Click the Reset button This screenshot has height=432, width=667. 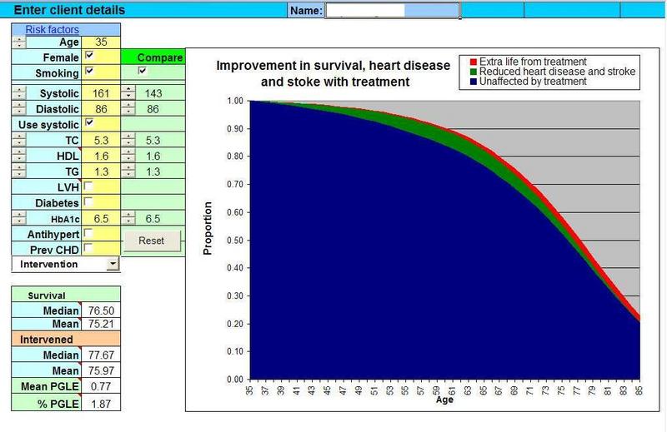tap(152, 241)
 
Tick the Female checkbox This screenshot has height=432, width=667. tap(89, 57)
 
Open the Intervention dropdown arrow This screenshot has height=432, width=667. tap(113, 264)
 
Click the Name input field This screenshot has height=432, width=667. tap(391, 11)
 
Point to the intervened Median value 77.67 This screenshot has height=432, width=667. tap(100, 354)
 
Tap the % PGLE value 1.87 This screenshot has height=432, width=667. tap(100, 404)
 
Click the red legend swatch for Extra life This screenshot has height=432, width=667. tap(473, 62)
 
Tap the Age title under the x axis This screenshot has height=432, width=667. tap(445, 400)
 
